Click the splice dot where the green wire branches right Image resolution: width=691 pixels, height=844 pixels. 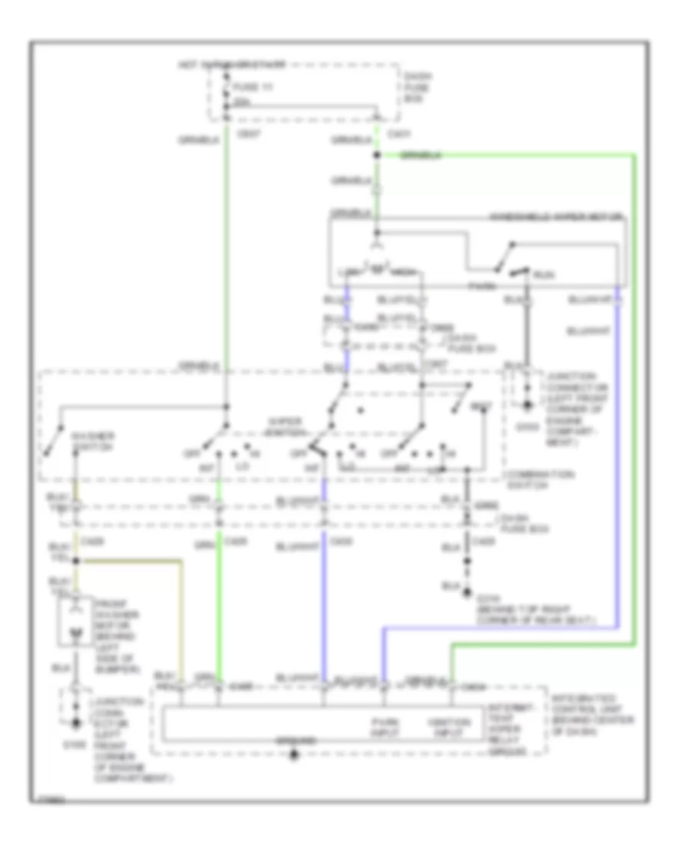pyautogui.click(x=376, y=156)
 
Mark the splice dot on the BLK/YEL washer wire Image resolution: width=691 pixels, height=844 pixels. pyautogui.click(x=74, y=562)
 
